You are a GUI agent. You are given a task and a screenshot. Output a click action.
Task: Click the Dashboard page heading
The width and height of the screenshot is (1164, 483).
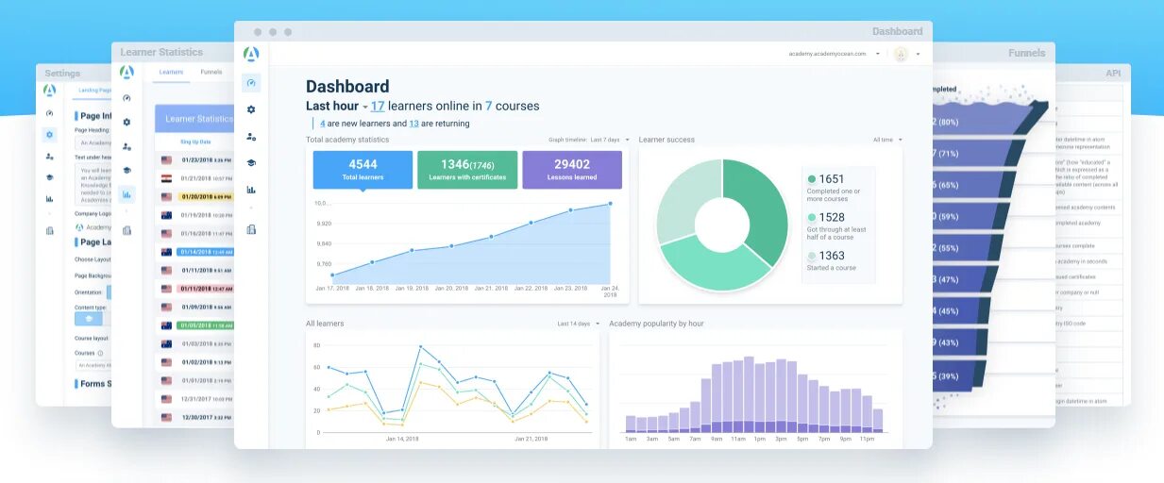(x=347, y=86)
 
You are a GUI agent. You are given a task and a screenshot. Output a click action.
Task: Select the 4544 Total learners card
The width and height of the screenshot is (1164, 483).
(x=363, y=170)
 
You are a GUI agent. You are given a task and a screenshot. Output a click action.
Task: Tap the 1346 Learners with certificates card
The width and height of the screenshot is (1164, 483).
(x=466, y=170)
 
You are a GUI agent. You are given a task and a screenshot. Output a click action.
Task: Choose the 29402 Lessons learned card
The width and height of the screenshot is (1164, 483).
(x=571, y=170)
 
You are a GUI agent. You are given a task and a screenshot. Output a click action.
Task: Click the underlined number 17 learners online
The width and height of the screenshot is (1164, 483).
(x=378, y=107)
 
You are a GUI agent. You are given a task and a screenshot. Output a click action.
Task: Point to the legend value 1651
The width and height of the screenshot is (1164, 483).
(x=831, y=179)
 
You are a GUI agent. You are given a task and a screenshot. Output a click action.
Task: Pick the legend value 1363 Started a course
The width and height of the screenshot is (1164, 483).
(x=831, y=256)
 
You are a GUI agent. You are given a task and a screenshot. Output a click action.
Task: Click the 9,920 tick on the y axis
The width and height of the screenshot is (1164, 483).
(x=324, y=224)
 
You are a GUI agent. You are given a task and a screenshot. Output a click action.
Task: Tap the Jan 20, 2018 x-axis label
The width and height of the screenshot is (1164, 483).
(x=450, y=288)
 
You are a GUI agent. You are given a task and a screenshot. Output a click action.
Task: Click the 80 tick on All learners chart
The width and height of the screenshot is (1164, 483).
(x=317, y=345)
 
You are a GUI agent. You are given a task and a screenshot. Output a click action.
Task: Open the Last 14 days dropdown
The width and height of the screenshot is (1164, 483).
(x=578, y=324)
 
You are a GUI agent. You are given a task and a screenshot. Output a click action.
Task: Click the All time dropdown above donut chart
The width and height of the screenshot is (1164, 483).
(x=887, y=140)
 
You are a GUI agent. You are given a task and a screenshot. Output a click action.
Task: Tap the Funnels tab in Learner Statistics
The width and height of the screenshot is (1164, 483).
(x=211, y=72)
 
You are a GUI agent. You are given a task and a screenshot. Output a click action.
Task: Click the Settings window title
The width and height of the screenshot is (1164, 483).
(x=62, y=74)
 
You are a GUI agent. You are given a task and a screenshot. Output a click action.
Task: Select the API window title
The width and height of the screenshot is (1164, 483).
(x=1113, y=74)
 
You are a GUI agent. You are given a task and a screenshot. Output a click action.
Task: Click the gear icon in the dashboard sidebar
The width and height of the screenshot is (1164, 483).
(x=251, y=109)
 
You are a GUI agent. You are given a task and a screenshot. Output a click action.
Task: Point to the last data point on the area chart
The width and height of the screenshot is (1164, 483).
(x=610, y=203)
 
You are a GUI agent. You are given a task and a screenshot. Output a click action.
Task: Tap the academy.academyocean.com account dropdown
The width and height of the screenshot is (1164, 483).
(x=835, y=54)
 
